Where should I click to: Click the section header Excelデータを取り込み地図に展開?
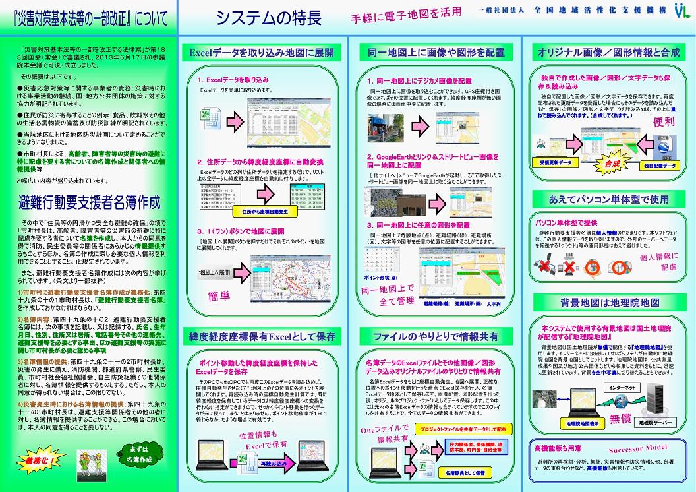click(261, 52)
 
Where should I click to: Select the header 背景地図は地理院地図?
click(609, 303)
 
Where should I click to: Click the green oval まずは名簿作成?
click(138, 455)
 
